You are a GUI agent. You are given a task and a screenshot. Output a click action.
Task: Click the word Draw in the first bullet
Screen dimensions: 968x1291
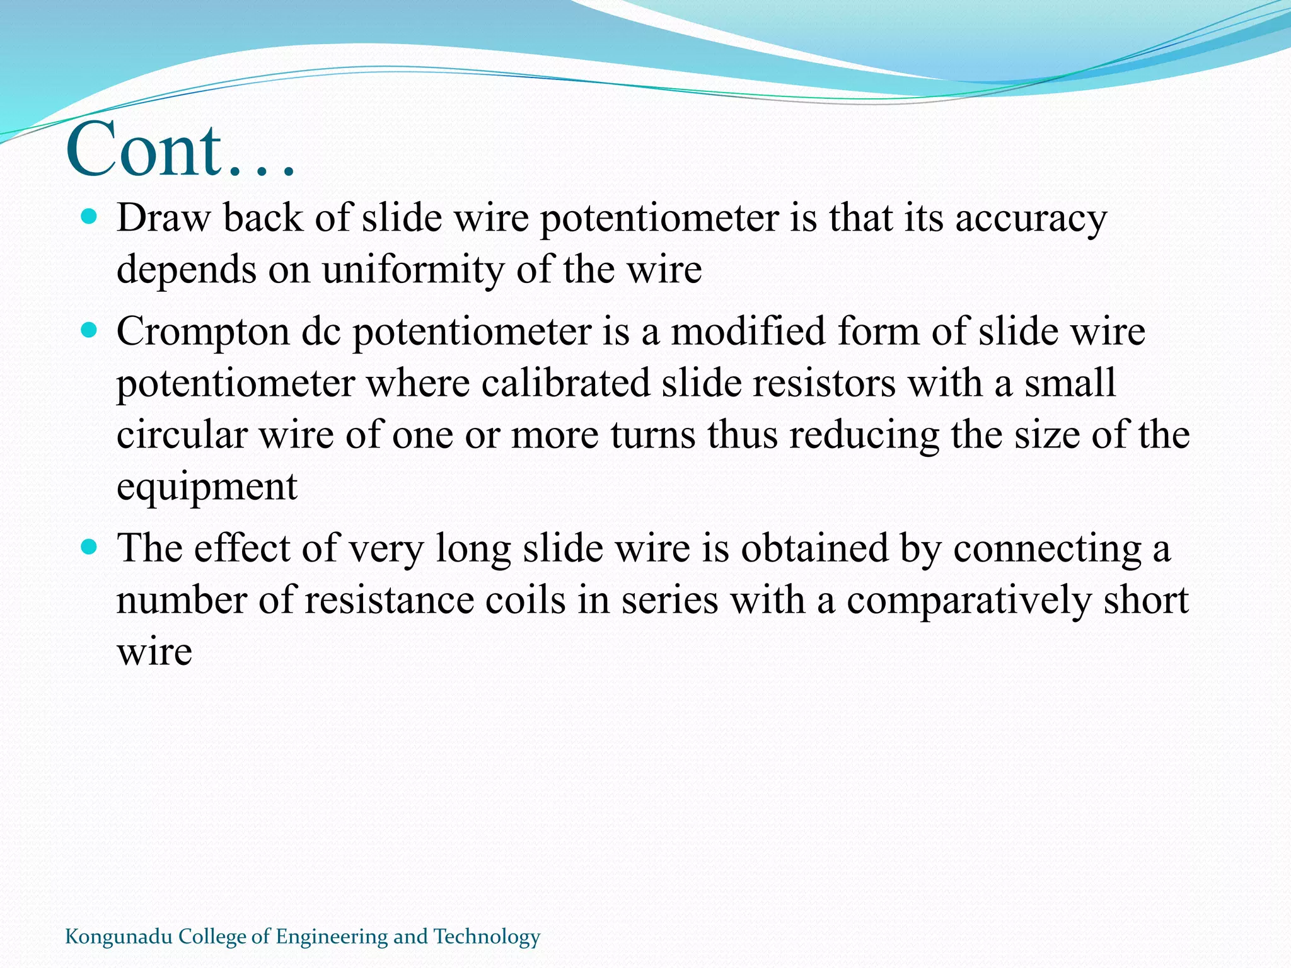tap(163, 219)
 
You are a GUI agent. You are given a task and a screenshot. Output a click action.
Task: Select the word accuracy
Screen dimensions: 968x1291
tap(1031, 219)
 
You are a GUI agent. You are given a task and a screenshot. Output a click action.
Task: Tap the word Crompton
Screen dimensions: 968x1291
tap(202, 332)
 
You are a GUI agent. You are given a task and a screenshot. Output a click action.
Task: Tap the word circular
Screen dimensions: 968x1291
tap(182, 435)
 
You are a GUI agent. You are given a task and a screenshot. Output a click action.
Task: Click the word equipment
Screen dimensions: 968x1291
tap(207, 487)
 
